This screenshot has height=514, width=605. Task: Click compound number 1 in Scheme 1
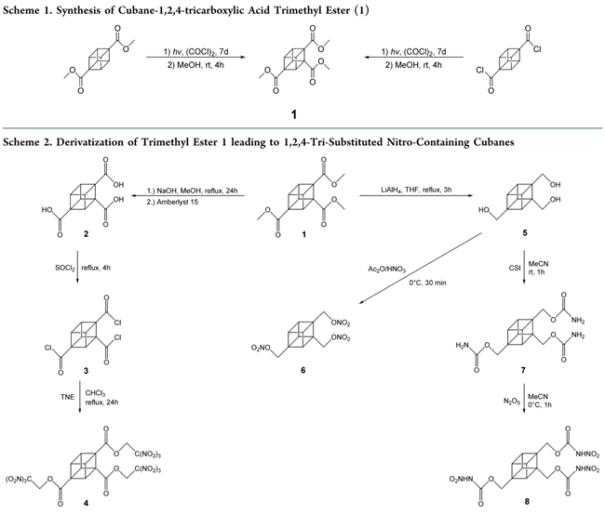pyautogui.click(x=295, y=115)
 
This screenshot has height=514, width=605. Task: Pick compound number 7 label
pyautogui.click(x=504, y=371)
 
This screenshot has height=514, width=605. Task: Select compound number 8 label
pyautogui.click(x=504, y=503)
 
